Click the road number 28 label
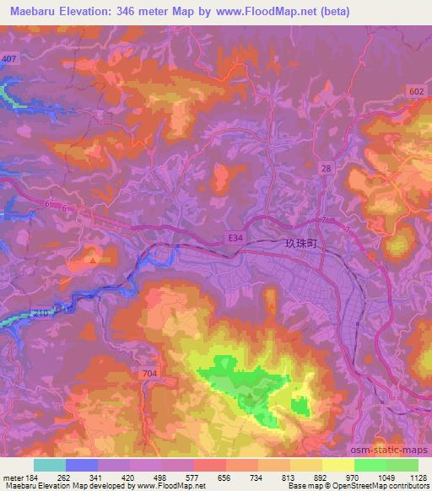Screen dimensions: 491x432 (326, 169)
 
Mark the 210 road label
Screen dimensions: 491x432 (43, 312)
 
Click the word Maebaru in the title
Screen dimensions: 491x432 (34, 12)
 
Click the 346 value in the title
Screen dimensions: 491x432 (152, 12)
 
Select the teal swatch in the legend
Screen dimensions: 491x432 (50, 464)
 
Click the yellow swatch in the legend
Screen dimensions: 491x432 (337, 464)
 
